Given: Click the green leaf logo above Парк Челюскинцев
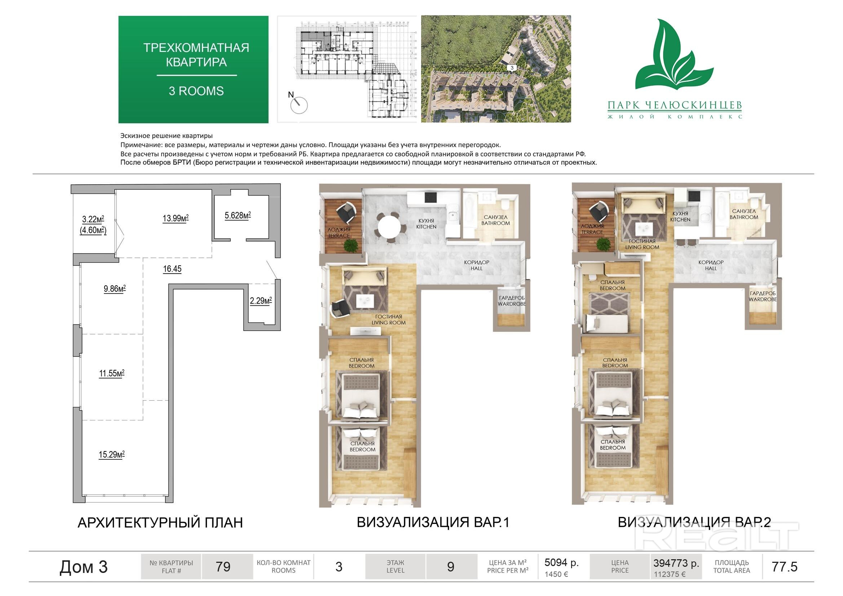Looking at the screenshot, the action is coord(674,55).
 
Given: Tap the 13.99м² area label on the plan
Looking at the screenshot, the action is coord(176,218).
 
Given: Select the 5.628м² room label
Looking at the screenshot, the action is coord(238,216).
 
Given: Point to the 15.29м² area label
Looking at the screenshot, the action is coord(112,455).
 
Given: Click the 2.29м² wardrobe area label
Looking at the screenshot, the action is coord(261,301).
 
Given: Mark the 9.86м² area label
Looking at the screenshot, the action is coord(115,289).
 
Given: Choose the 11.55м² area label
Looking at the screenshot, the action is coord(112,374).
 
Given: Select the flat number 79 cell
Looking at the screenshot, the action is coord(223,567).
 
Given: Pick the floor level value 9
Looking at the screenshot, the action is coord(451,567).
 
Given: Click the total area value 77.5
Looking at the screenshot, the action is coord(785,567).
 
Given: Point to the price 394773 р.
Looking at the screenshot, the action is coord(676,563).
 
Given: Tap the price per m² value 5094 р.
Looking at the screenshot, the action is coord(561,562).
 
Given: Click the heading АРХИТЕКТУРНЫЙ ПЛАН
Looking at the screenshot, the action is coord(160,522).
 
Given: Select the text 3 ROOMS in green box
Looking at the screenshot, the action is coord(196,91).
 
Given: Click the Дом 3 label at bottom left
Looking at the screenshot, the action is coord(83,567).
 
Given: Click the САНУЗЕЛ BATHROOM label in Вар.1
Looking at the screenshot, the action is coord(496,220).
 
